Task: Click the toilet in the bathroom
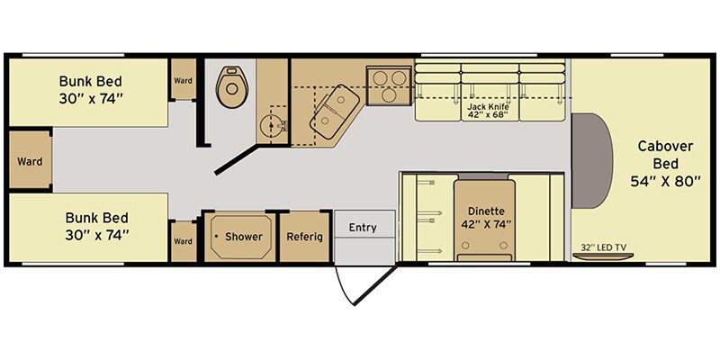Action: click(x=232, y=86)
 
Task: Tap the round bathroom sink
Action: click(x=273, y=124)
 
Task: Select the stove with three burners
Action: click(x=389, y=85)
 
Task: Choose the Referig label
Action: click(x=304, y=237)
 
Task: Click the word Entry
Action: click(x=363, y=228)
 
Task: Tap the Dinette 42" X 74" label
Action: click(x=486, y=218)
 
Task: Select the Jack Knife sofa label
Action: click(x=488, y=111)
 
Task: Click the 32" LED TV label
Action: click(x=603, y=247)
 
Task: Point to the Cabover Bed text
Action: click(x=664, y=155)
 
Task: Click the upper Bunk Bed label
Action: click(x=91, y=90)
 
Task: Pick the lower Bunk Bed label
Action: click(x=96, y=226)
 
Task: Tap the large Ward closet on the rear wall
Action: click(x=30, y=160)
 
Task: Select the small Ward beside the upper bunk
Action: click(x=184, y=79)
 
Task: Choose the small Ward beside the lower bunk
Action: click(x=184, y=241)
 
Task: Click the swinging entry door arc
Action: click(x=343, y=288)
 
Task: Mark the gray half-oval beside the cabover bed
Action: click(x=591, y=161)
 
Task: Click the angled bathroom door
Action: click(x=237, y=159)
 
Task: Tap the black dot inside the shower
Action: click(x=216, y=237)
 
